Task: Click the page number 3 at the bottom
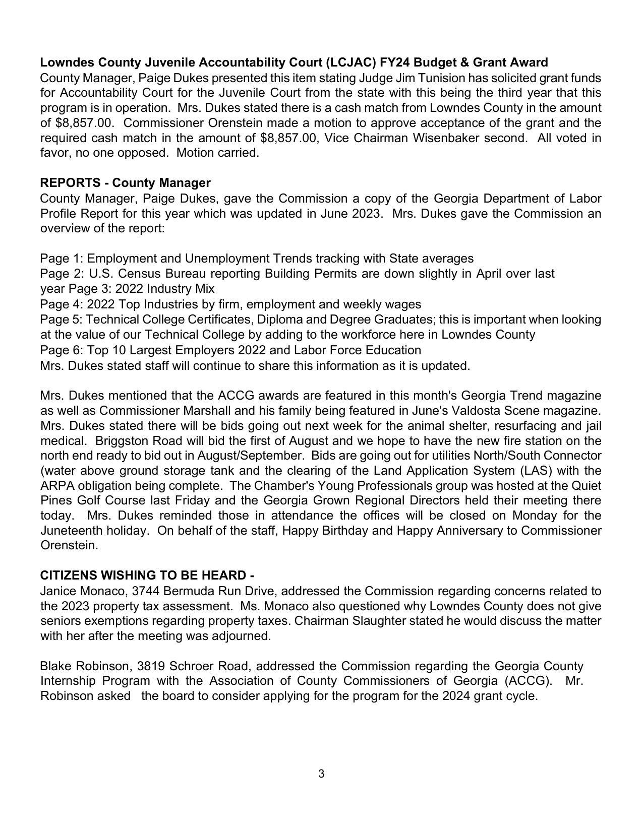click(321, 774)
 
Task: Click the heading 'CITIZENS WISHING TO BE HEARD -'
click(147, 575)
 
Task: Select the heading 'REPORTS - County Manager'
click(125, 182)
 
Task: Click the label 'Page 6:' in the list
click(62, 350)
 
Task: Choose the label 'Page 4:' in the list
click(62, 304)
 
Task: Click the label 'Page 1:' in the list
click(62, 259)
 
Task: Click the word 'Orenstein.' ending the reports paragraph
click(69, 545)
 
